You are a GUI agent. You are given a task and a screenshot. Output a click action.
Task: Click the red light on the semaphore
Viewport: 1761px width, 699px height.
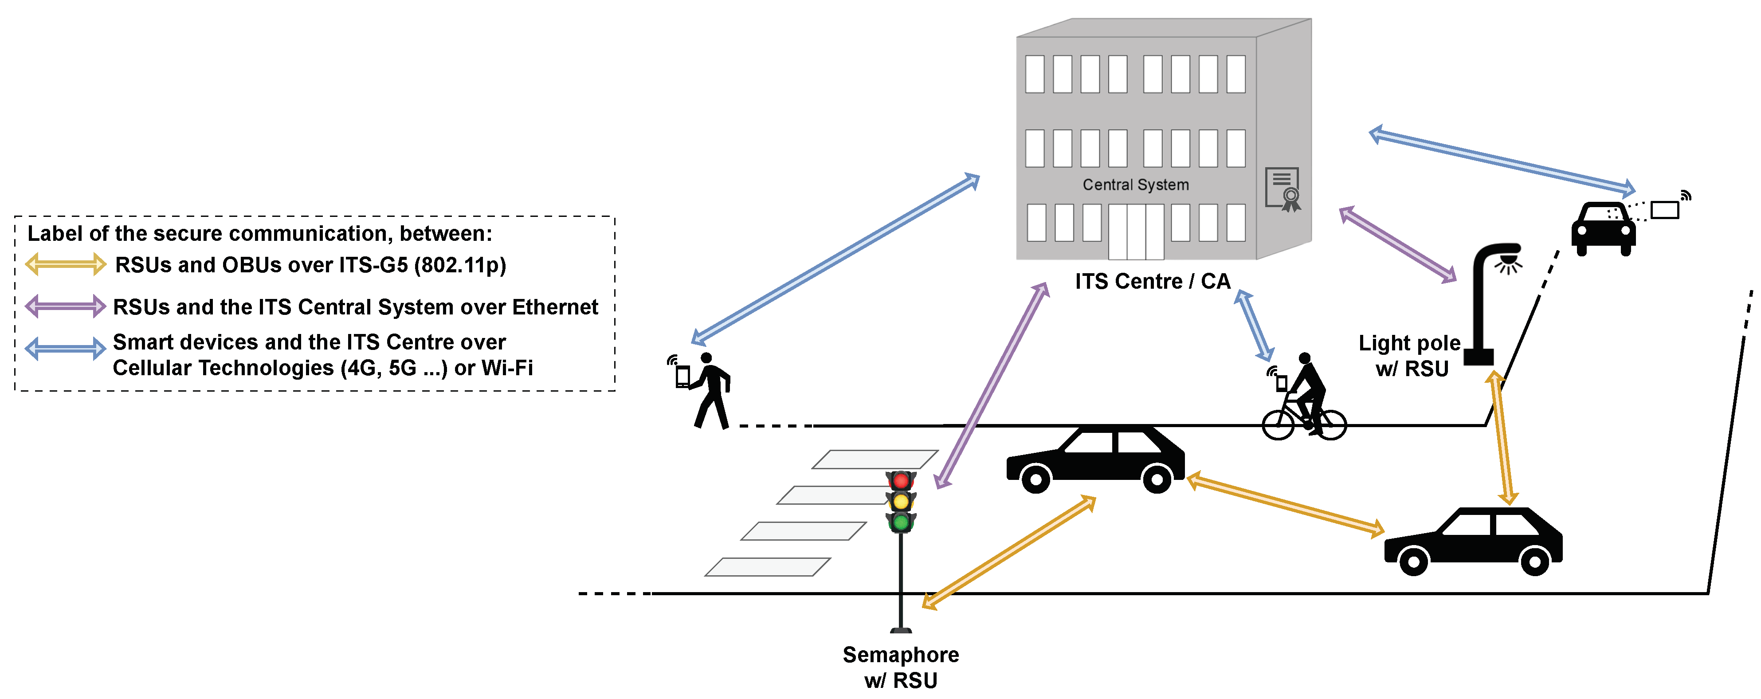(x=901, y=480)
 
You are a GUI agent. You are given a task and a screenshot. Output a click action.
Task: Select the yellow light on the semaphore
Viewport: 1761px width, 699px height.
(x=901, y=501)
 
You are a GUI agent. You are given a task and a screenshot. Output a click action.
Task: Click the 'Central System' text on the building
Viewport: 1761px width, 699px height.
(x=1135, y=185)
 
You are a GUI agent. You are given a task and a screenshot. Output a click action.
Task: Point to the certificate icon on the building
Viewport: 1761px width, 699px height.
(x=1283, y=189)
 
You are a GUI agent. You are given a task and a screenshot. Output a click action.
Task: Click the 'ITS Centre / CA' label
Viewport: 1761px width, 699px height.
(x=1153, y=281)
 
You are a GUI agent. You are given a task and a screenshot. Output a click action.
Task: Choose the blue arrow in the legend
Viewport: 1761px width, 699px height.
(x=66, y=349)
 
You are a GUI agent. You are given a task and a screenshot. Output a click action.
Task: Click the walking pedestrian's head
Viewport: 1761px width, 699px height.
(x=706, y=358)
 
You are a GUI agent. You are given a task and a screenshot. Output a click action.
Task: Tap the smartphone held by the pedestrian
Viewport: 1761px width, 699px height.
(x=682, y=376)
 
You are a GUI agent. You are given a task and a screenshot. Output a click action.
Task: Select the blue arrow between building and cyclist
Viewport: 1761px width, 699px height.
(x=1254, y=326)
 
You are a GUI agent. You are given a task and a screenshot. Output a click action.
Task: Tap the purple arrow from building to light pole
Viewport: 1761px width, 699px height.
(x=1397, y=244)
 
